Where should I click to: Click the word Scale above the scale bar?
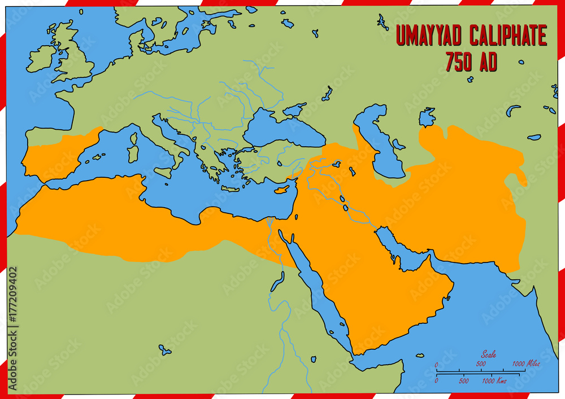(489, 354)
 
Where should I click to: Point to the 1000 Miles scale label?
(525, 364)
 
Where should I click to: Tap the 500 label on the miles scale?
(480, 364)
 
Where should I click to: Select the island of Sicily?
(163, 173)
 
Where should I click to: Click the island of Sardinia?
(133, 154)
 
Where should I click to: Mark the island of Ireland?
(41, 59)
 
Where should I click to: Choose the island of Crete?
(230, 188)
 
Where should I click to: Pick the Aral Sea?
(427, 117)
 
